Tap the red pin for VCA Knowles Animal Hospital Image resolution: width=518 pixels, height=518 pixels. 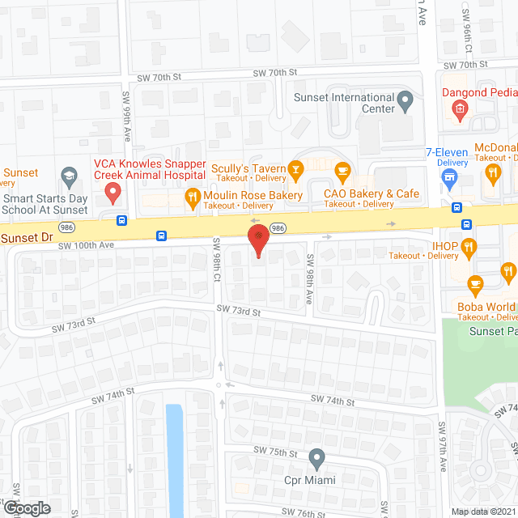[113, 192]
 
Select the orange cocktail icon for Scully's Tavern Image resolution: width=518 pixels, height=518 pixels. [296, 168]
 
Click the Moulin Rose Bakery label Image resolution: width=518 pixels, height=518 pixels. [253, 195]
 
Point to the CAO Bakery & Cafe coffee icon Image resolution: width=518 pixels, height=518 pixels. [342, 169]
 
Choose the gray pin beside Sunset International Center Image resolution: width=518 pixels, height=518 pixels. [406, 103]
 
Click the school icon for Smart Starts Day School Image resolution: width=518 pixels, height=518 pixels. [69, 175]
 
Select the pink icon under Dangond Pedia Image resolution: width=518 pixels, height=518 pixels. [460, 109]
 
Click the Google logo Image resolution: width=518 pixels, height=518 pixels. [27, 507]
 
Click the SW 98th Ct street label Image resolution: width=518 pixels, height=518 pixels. [217, 259]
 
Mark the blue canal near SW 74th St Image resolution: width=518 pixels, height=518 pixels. [174, 454]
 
